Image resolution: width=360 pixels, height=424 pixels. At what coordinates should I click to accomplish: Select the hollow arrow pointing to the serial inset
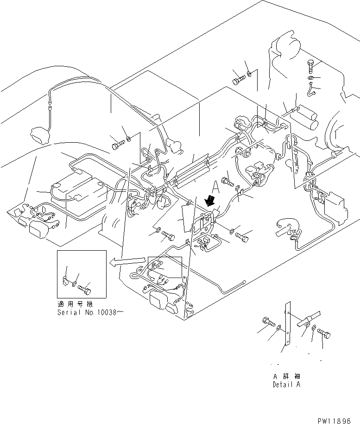coord(127,262)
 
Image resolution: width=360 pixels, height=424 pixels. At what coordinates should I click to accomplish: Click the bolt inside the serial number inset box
coord(85,289)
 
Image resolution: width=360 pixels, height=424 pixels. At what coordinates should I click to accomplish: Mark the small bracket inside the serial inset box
coord(65,279)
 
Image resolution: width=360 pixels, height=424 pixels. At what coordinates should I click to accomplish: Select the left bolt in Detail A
coord(268,321)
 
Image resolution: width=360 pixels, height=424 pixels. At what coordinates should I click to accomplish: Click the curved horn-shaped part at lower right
coord(288,228)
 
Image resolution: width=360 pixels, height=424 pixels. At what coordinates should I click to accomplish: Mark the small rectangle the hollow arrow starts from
coord(165,267)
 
